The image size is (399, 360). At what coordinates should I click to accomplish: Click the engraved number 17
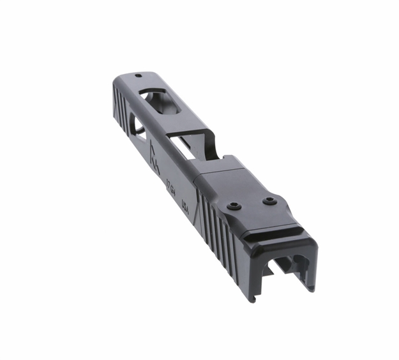click(x=169, y=187)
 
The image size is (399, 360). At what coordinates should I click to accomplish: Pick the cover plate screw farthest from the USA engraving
click(x=269, y=200)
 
